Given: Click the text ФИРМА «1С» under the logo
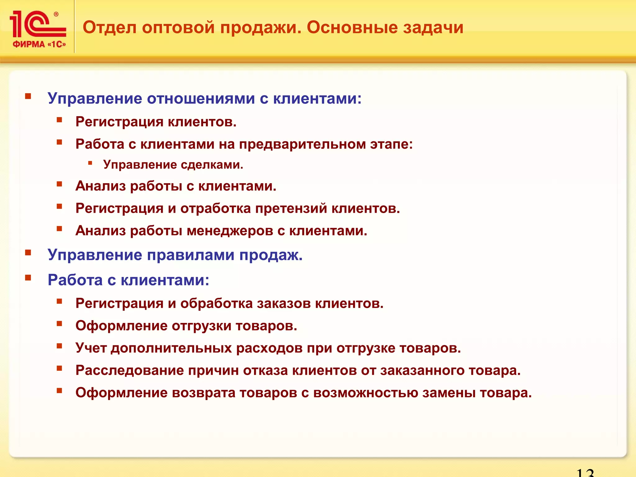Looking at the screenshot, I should coord(39,44).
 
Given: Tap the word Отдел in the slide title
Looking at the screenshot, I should coord(110,27).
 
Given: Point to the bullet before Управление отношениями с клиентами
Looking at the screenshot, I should coord(28,96).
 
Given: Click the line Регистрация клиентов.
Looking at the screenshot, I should coord(156,122).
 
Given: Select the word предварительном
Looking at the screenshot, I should coord(302,144).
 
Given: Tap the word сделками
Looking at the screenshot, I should coord(212,165).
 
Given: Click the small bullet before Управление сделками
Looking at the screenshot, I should coord(90,163).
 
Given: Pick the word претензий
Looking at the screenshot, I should coord(291,208).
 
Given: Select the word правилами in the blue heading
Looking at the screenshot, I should coord(191,255).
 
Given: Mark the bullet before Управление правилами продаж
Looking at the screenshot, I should coord(28,252).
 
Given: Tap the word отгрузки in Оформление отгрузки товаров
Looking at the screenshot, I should coord(202,326).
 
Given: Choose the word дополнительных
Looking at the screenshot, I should coord(171,348).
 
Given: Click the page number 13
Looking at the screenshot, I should coord(585,472).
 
